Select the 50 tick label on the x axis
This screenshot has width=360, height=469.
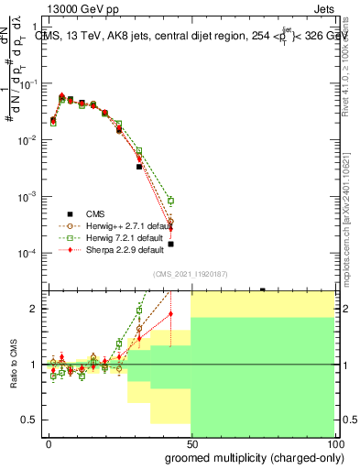pyautogui.click(x=191, y=443)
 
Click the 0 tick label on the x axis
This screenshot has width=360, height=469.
pyautogui.click(x=49, y=443)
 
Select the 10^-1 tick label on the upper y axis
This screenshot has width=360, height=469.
pyautogui.click(x=27, y=83)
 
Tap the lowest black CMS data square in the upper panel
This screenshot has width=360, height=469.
pyautogui.click(x=170, y=244)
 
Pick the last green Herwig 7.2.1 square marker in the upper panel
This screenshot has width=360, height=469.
pyautogui.click(x=170, y=201)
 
